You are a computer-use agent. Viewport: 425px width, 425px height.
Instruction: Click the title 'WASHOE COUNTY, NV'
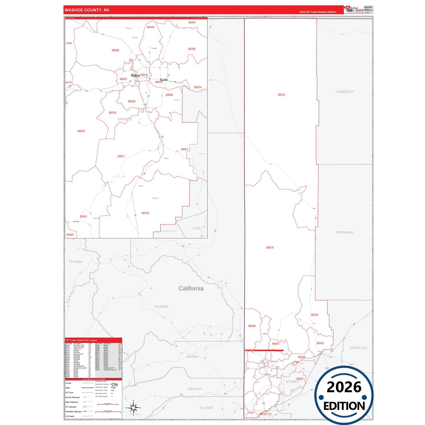coord(87,10)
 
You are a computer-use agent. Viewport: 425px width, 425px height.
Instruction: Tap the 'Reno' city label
coord(135,76)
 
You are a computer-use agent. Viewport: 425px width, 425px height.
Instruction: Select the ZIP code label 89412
coord(281,95)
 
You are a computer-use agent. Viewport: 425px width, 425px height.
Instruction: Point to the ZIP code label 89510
coord(270,248)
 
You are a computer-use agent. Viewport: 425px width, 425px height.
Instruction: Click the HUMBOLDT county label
coord(345,92)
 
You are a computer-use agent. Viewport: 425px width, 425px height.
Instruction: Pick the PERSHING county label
coord(344,232)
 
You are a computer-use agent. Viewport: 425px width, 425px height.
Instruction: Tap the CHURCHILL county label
coord(358,348)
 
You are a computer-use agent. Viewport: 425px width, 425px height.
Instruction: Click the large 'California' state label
coord(191,289)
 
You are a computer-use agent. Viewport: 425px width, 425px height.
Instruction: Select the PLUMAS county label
coord(161,306)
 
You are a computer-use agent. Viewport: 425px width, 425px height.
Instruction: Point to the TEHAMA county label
coord(76,262)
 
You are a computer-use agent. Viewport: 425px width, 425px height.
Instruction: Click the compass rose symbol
coord(134,408)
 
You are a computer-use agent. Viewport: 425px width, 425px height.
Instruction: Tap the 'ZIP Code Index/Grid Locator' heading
coord(81,340)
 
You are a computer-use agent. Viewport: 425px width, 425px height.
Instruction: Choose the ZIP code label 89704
coord(145,213)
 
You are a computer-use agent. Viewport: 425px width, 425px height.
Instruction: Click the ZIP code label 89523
coord(81,131)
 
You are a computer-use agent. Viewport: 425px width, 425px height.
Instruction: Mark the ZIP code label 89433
coord(151,27)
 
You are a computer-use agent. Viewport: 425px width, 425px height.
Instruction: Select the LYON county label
coord(196,228)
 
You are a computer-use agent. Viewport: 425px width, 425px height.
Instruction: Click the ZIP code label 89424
coord(314,315)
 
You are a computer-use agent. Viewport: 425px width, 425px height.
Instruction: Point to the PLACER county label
coord(206,408)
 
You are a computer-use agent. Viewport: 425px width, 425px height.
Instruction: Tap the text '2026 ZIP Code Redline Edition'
coord(318,12)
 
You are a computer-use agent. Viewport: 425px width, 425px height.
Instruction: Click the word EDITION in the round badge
coord(344,406)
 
